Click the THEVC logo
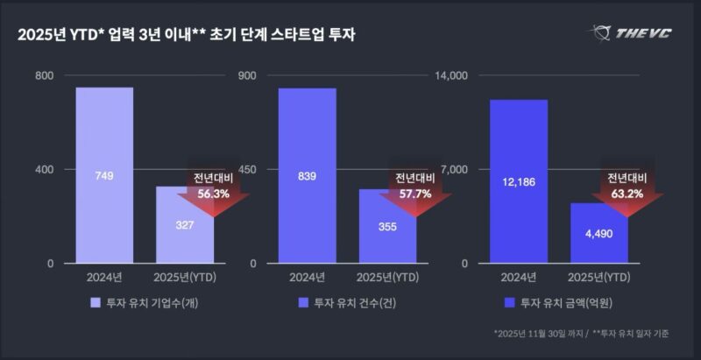coord(633,33)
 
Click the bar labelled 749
coord(104,175)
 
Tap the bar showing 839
coord(307,175)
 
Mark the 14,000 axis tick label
coord(453,76)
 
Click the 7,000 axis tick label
coord(457,169)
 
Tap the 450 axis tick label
coord(247,169)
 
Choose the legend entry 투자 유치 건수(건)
coord(350,303)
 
